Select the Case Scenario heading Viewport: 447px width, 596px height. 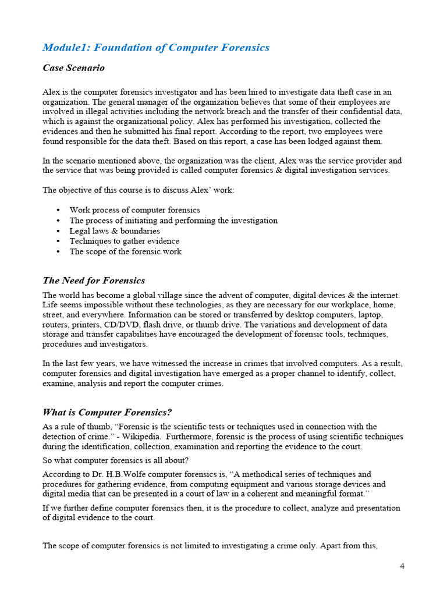[x=74, y=68]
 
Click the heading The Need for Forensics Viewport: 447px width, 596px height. [x=94, y=281]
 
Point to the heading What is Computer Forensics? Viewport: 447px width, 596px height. [x=108, y=413]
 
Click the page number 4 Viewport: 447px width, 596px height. [x=402, y=566]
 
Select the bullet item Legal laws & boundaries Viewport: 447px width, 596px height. [x=115, y=231]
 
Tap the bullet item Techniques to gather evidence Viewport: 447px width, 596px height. [x=125, y=242]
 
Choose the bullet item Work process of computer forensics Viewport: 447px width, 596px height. [x=134, y=210]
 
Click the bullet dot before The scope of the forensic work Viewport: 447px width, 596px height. [x=58, y=252]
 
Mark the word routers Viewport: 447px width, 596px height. [x=56, y=325]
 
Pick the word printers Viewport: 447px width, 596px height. [x=93, y=325]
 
